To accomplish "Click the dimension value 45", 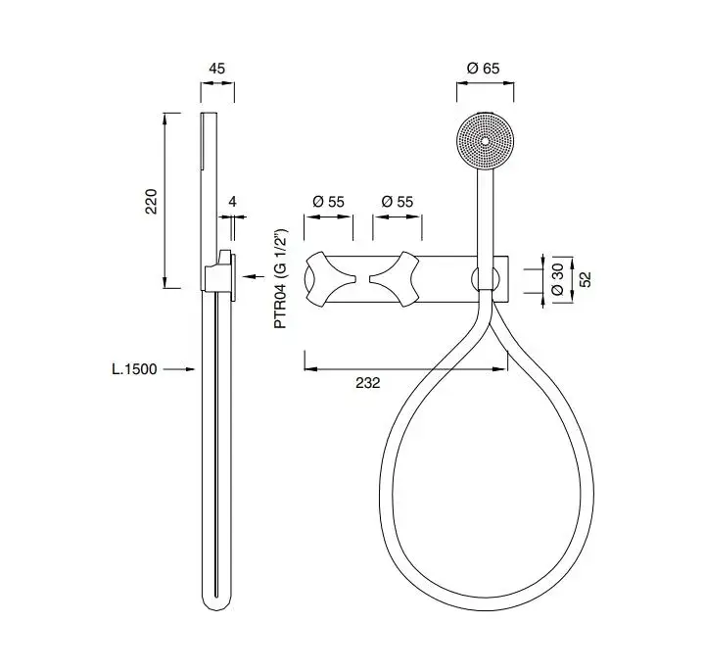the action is (216, 69).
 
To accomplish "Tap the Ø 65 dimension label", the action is (483, 69).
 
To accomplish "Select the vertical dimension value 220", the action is (152, 202).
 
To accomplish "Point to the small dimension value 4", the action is (232, 202).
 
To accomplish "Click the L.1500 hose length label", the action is (134, 369).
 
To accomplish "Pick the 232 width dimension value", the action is (368, 383).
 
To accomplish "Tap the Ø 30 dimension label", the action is (558, 279).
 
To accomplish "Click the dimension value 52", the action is (586, 279).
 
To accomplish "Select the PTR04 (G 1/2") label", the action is (281, 279).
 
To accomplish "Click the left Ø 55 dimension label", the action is (328, 202).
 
